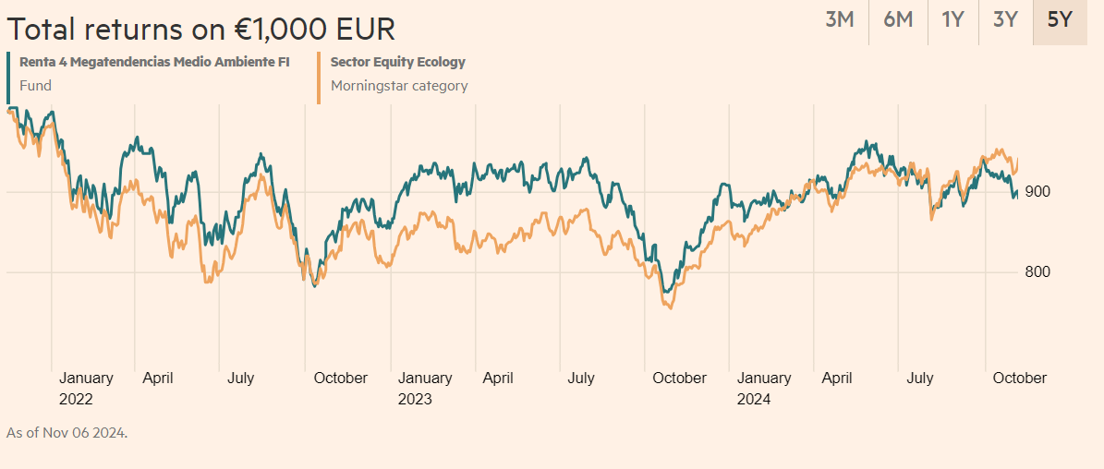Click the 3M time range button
(x=839, y=19)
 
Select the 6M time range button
(x=898, y=19)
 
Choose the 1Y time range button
(x=952, y=19)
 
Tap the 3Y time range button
(x=1005, y=19)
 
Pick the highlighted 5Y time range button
(x=1060, y=19)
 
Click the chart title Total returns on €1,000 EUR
(x=200, y=29)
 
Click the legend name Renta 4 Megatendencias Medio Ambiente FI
(x=154, y=63)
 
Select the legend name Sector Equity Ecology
(x=398, y=63)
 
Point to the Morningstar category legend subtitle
(x=399, y=86)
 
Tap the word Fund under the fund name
(x=35, y=86)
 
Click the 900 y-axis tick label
(x=1037, y=192)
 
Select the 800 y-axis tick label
(x=1037, y=272)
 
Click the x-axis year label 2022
(x=76, y=400)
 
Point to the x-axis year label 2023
(x=415, y=400)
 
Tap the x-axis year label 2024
(x=754, y=400)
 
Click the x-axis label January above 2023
(x=425, y=379)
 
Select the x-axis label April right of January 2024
(x=837, y=379)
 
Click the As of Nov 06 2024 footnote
(x=67, y=432)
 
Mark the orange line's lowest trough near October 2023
(x=669, y=307)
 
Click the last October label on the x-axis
(x=1019, y=379)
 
